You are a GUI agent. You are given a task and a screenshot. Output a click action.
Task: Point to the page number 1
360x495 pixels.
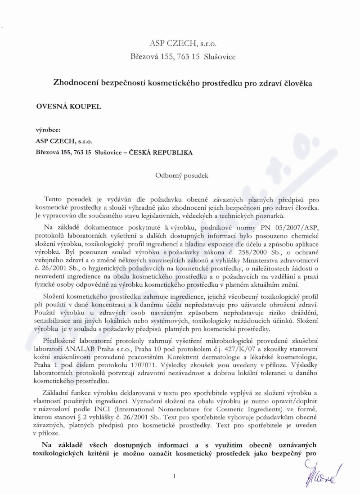pyautogui.click(x=173, y=475)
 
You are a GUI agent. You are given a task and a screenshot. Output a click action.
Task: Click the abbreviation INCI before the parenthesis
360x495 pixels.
pyautogui.click(x=104, y=407)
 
